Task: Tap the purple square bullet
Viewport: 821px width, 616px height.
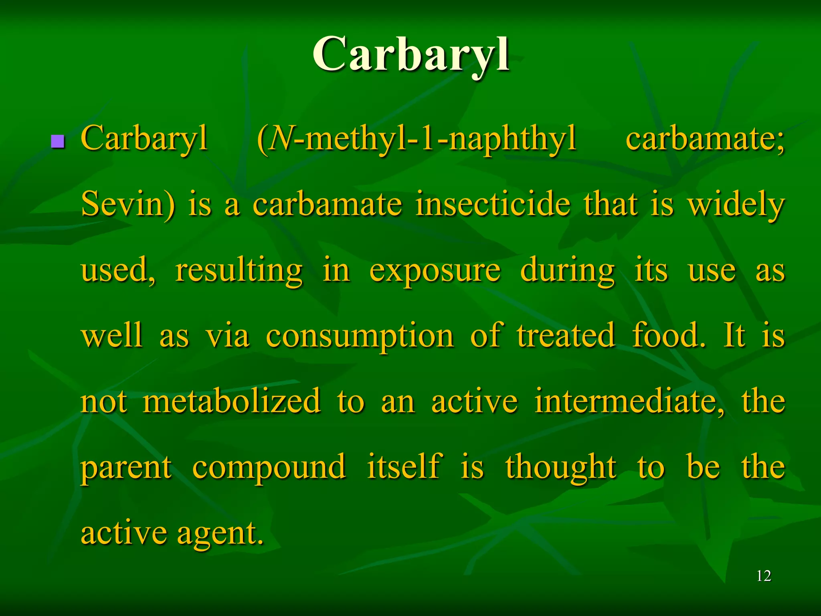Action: tap(58, 141)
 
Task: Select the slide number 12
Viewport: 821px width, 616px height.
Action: tap(764, 576)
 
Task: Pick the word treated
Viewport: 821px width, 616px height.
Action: tap(566, 335)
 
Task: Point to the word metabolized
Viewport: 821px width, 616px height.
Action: tap(232, 401)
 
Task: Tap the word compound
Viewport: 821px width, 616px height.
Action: tap(269, 468)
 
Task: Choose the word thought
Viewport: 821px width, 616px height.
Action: tap(561, 468)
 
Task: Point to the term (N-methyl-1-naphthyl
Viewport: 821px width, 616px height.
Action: tap(417, 139)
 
